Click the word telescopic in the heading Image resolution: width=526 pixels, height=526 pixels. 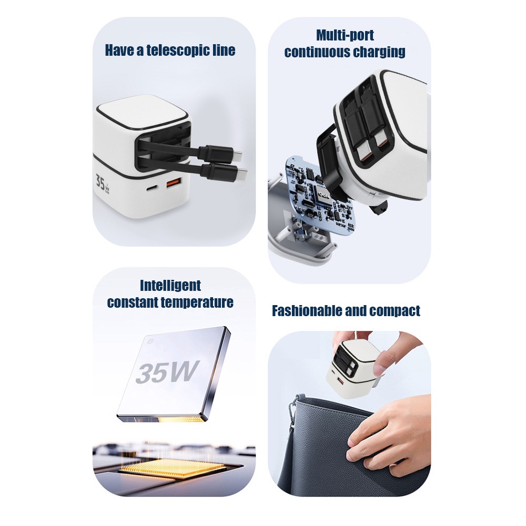click(x=178, y=50)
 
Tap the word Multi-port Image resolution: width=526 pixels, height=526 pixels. click(x=345, y=35)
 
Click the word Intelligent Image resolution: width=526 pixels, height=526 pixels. click(x=170, y=286)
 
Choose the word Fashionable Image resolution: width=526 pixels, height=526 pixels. click(x=307, y=311)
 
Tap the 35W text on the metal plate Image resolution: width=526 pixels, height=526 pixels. click(x=167, y=372)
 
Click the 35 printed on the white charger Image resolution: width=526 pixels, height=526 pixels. click(x=100, y=182)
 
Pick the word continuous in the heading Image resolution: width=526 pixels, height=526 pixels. click(x=316, y=52)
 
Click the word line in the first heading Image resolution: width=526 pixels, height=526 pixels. click(x=224, y=50)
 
